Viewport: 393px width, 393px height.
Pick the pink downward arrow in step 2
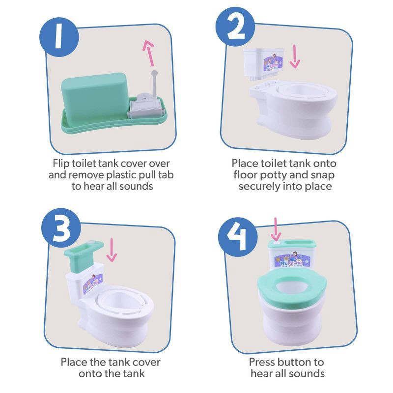(295, 57)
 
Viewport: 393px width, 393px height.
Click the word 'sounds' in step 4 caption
(306, 374)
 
